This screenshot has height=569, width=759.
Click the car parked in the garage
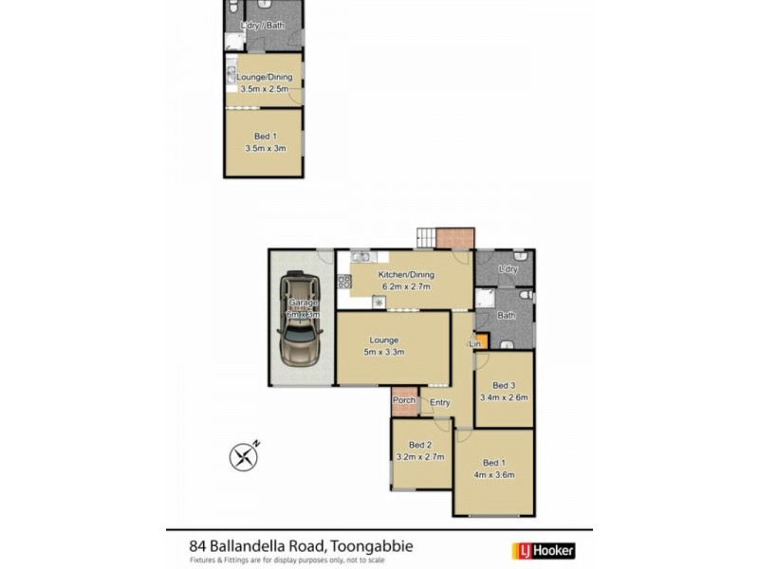299,320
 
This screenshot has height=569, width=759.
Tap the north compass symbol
245,456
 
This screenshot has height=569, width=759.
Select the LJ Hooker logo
544,549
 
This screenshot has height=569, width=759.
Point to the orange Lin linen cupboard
480,340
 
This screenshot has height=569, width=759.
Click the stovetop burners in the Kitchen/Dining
343,281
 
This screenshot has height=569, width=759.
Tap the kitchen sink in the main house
361,257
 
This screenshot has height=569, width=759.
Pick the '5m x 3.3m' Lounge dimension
384,352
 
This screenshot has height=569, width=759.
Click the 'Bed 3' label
503,385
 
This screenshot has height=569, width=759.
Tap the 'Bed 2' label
420,445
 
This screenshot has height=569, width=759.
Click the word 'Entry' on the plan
440,403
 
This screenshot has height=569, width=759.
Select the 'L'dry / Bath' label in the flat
263,26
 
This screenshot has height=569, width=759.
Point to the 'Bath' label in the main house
507,315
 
